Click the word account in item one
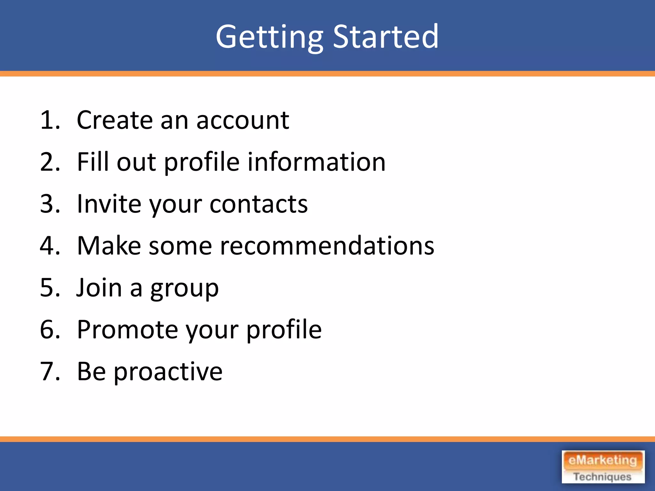pos(242,121)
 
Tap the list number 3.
pos(50,204)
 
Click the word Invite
pos(109,204)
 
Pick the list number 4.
pos(50,246)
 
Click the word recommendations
pos(327,246)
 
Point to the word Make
pos(109,246)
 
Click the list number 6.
pos(50,330)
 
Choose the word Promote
pos(127,330)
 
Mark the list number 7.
pos(50,371)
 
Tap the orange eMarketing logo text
pos(603,461)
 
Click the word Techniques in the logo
pos(603,477)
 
